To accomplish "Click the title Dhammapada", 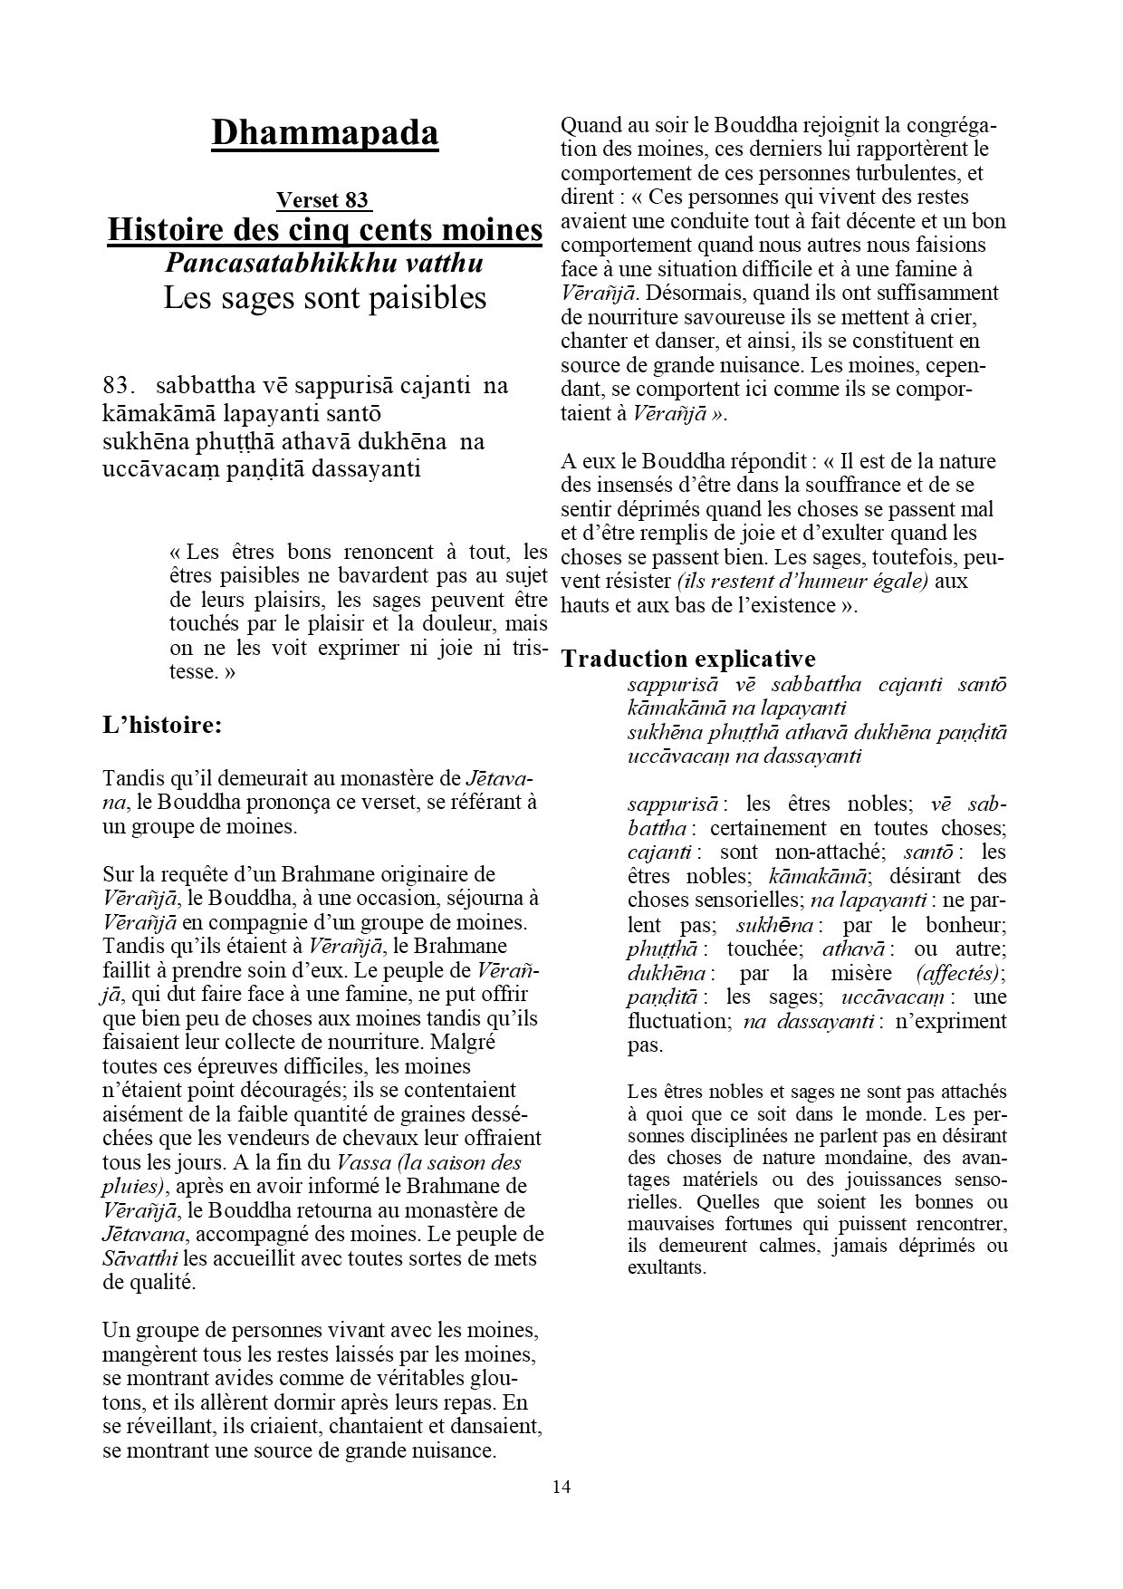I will click(x=324, y=133).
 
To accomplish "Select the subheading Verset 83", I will click(x=323, y=200).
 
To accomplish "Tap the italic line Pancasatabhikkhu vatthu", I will click(x=324, y=263).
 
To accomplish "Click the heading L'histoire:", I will click(x=162, y=725).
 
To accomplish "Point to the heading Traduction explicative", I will click(x=688, y=659).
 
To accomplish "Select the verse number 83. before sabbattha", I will click(x=119, y=385).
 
